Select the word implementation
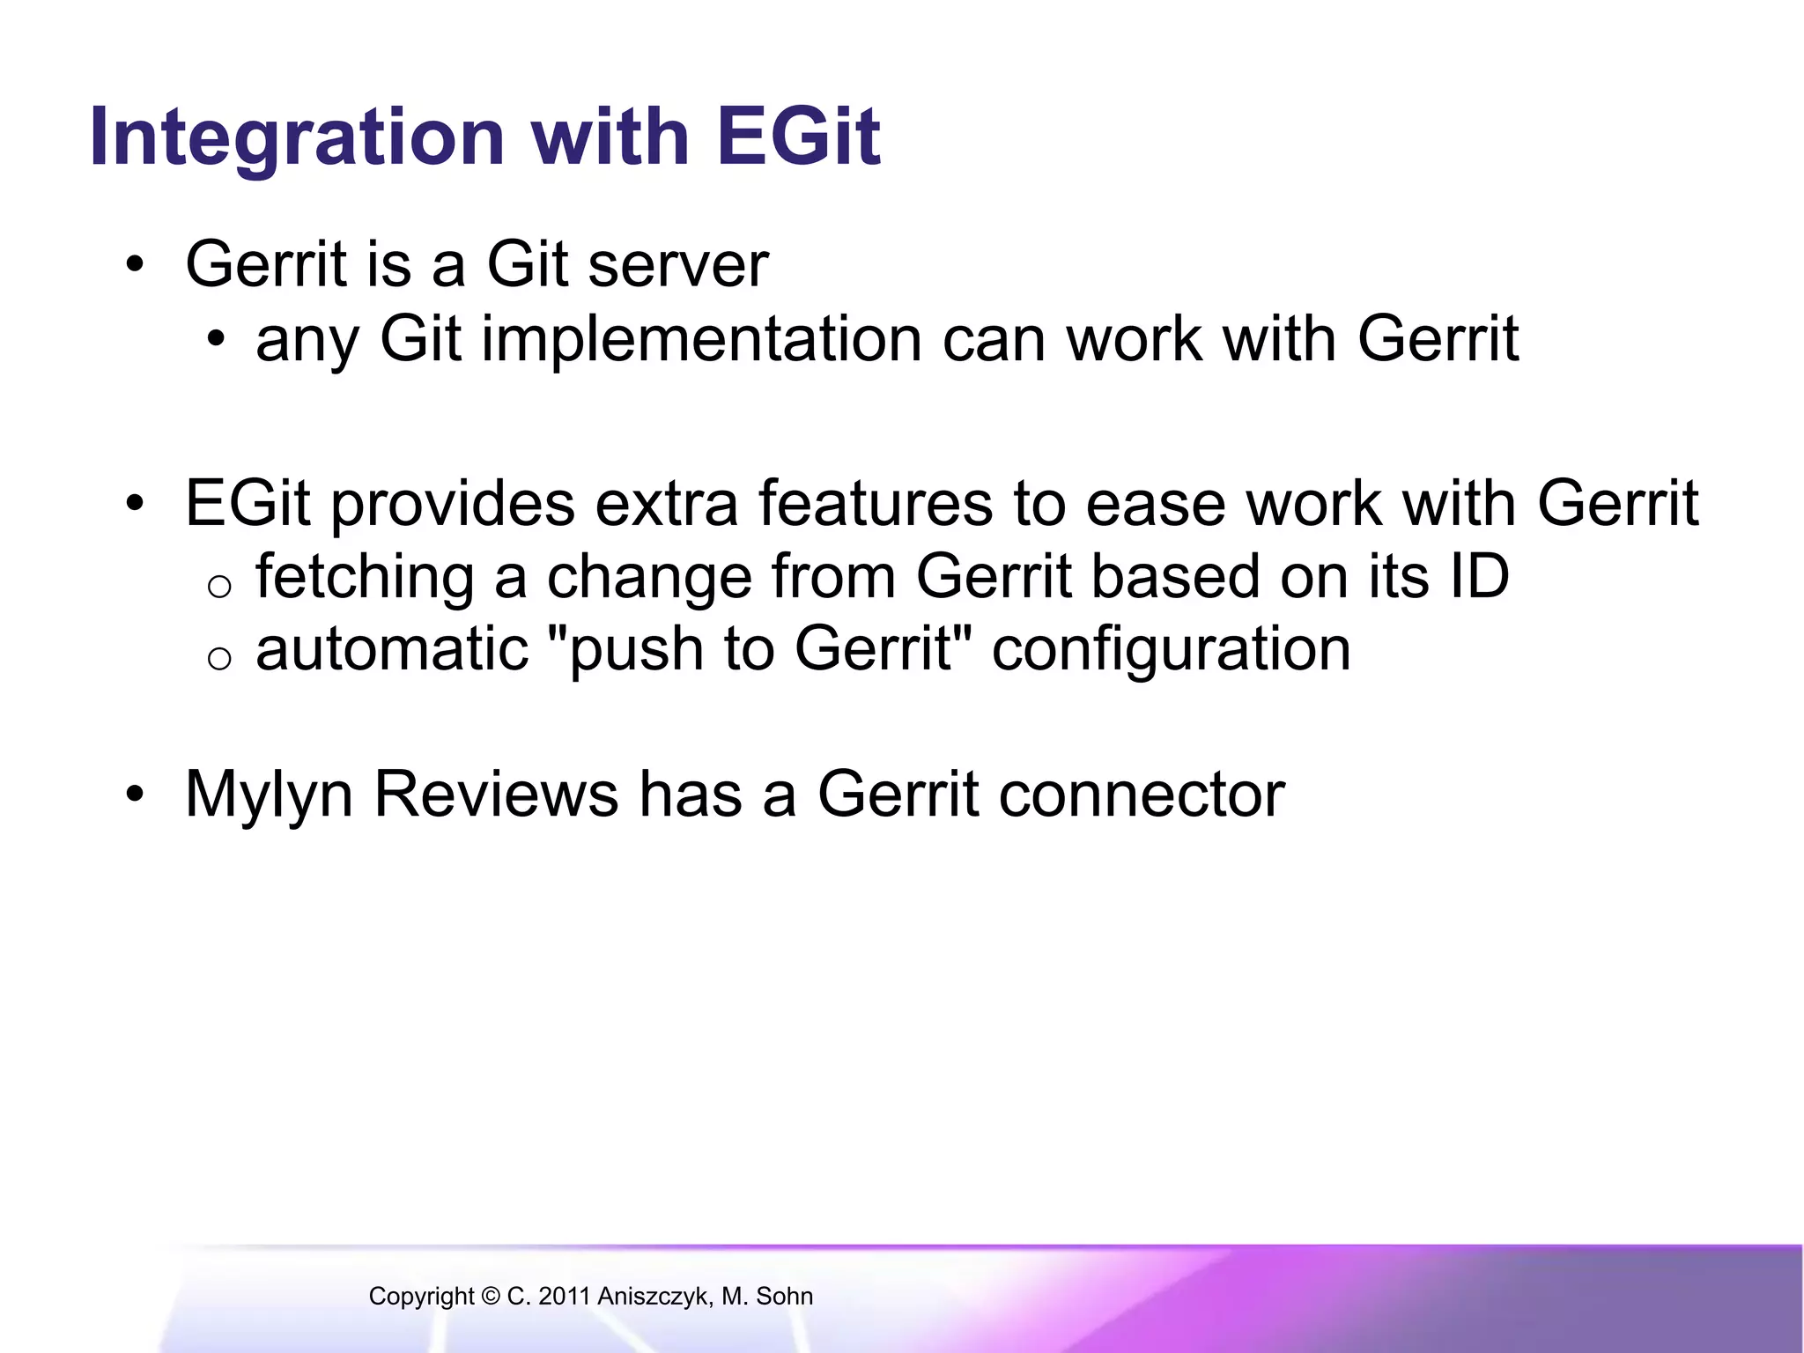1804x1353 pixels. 701,339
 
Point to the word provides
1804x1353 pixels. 453,504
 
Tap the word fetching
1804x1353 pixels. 365,577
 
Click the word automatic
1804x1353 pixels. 392,649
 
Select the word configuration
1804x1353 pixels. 1171,651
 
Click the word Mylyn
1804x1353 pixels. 269,795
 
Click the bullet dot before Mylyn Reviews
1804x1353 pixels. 134,795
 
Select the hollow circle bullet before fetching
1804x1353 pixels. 219,586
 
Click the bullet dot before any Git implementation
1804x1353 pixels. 217,340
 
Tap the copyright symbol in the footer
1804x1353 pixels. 491,1297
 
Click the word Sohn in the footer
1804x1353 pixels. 784,1297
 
